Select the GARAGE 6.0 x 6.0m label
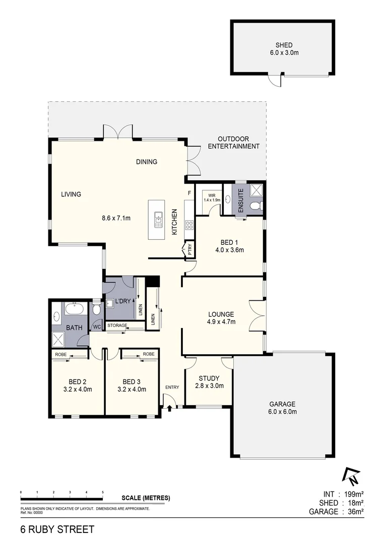point(283,408)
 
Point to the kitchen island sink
point(158,219)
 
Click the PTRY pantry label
point(190,249)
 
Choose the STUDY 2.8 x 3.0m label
point(209,382)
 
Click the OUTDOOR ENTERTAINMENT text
point(233,143)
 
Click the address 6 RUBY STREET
point(57,529)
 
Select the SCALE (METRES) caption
point(146,498)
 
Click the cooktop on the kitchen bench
point(190,224)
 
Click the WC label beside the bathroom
point(96,327)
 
